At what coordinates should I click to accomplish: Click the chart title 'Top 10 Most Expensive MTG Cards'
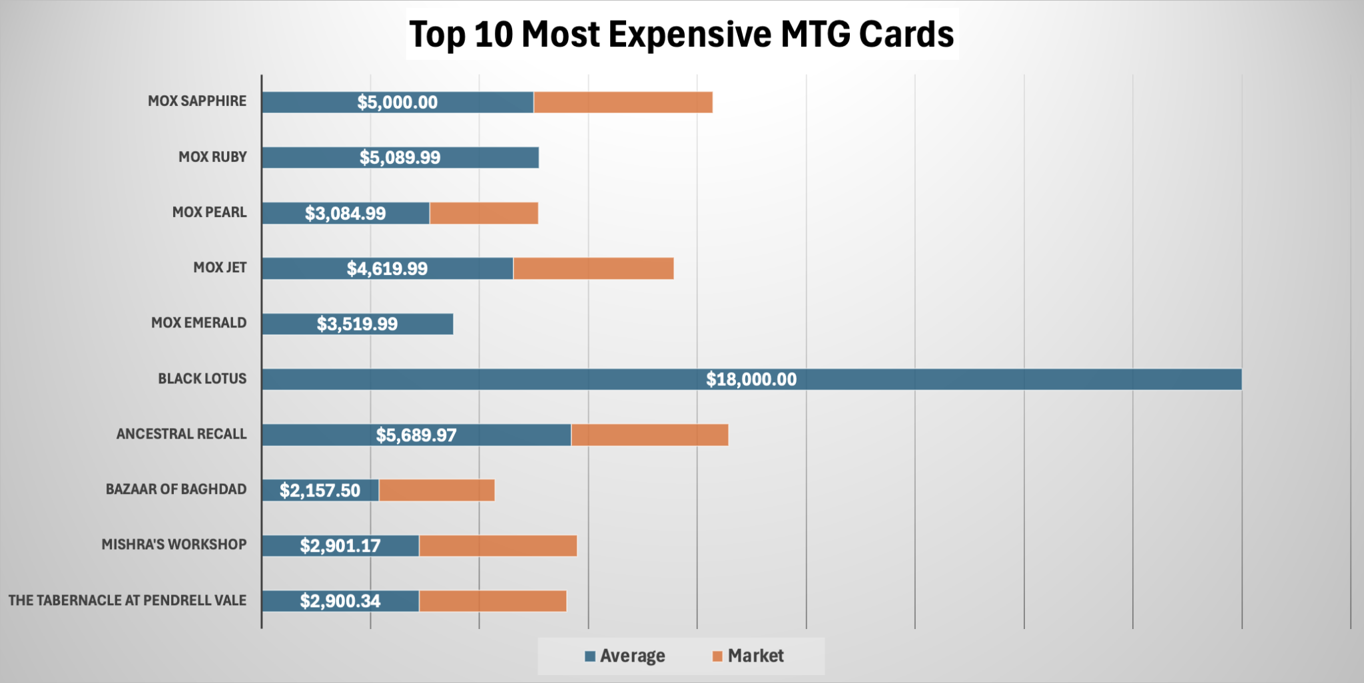point(681,35)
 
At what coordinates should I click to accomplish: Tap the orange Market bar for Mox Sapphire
point(623,103)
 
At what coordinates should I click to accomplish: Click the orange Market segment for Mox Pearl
point(484,213)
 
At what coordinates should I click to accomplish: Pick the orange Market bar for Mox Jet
point(593,268)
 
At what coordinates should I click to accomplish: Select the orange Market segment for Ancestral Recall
point(649,435)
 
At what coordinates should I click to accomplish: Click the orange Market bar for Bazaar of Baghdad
point(436,491)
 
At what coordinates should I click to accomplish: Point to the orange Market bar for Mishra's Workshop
point(498,546)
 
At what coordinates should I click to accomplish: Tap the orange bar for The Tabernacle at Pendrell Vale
point(492,601)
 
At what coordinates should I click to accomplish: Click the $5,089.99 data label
point(400,158)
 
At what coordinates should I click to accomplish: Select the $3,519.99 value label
point(357,324)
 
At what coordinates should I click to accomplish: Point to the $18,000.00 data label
point(751,379)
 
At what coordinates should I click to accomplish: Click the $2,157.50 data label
point(320,491)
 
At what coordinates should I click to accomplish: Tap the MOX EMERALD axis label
point(198,323)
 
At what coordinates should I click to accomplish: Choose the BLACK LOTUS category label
point(202,379)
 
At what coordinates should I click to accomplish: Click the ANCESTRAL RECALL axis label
point(181,434)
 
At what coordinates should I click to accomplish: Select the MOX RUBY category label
point(212,157)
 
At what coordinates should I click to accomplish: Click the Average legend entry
point(625,656)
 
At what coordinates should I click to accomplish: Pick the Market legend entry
point(748,656)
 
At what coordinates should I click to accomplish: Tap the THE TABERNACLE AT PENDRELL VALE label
point(127,600)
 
